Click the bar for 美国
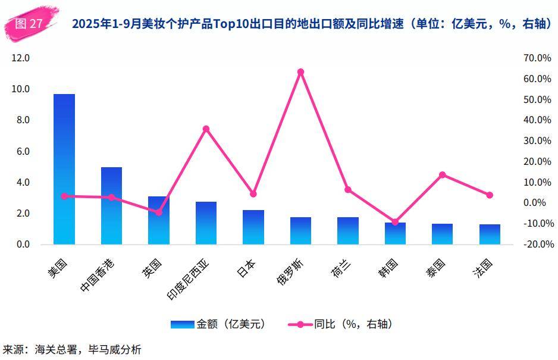pyautogui.click(x=64, y=170)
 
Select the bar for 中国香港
pyautogui.click(x=111, y=206)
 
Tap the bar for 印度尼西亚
pyautogui.click(x=206, y=223)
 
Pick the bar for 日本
pyautogui.click(x=253, y=227)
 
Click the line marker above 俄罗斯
pyautogui.click(x=300, y=72)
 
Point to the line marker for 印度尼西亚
pyautogui.click(x=206, y=129)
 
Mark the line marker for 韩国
pyautogui.click(x=395, y=222)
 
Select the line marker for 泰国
pyautogui.click(x=443, y=175)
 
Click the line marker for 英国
pyautogui.click(x=159, y=212)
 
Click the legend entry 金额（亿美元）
pyautogui.click(x=218, y=324)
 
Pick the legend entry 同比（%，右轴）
pyautogui.click(x=340, y=324)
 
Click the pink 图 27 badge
pyautogui.click(x=29, y=24)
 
